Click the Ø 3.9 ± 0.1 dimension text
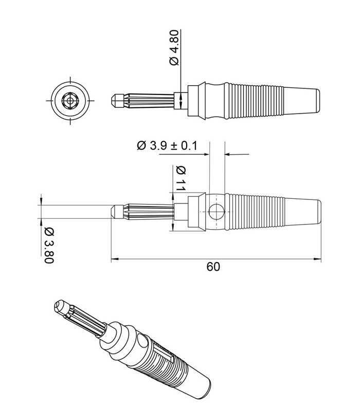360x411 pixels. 167,145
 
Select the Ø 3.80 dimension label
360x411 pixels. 49,245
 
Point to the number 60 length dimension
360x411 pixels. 213,267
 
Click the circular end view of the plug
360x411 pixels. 70,99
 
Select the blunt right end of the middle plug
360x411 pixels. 319,211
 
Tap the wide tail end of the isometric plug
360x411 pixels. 203,390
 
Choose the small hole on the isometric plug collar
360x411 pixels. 140,339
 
